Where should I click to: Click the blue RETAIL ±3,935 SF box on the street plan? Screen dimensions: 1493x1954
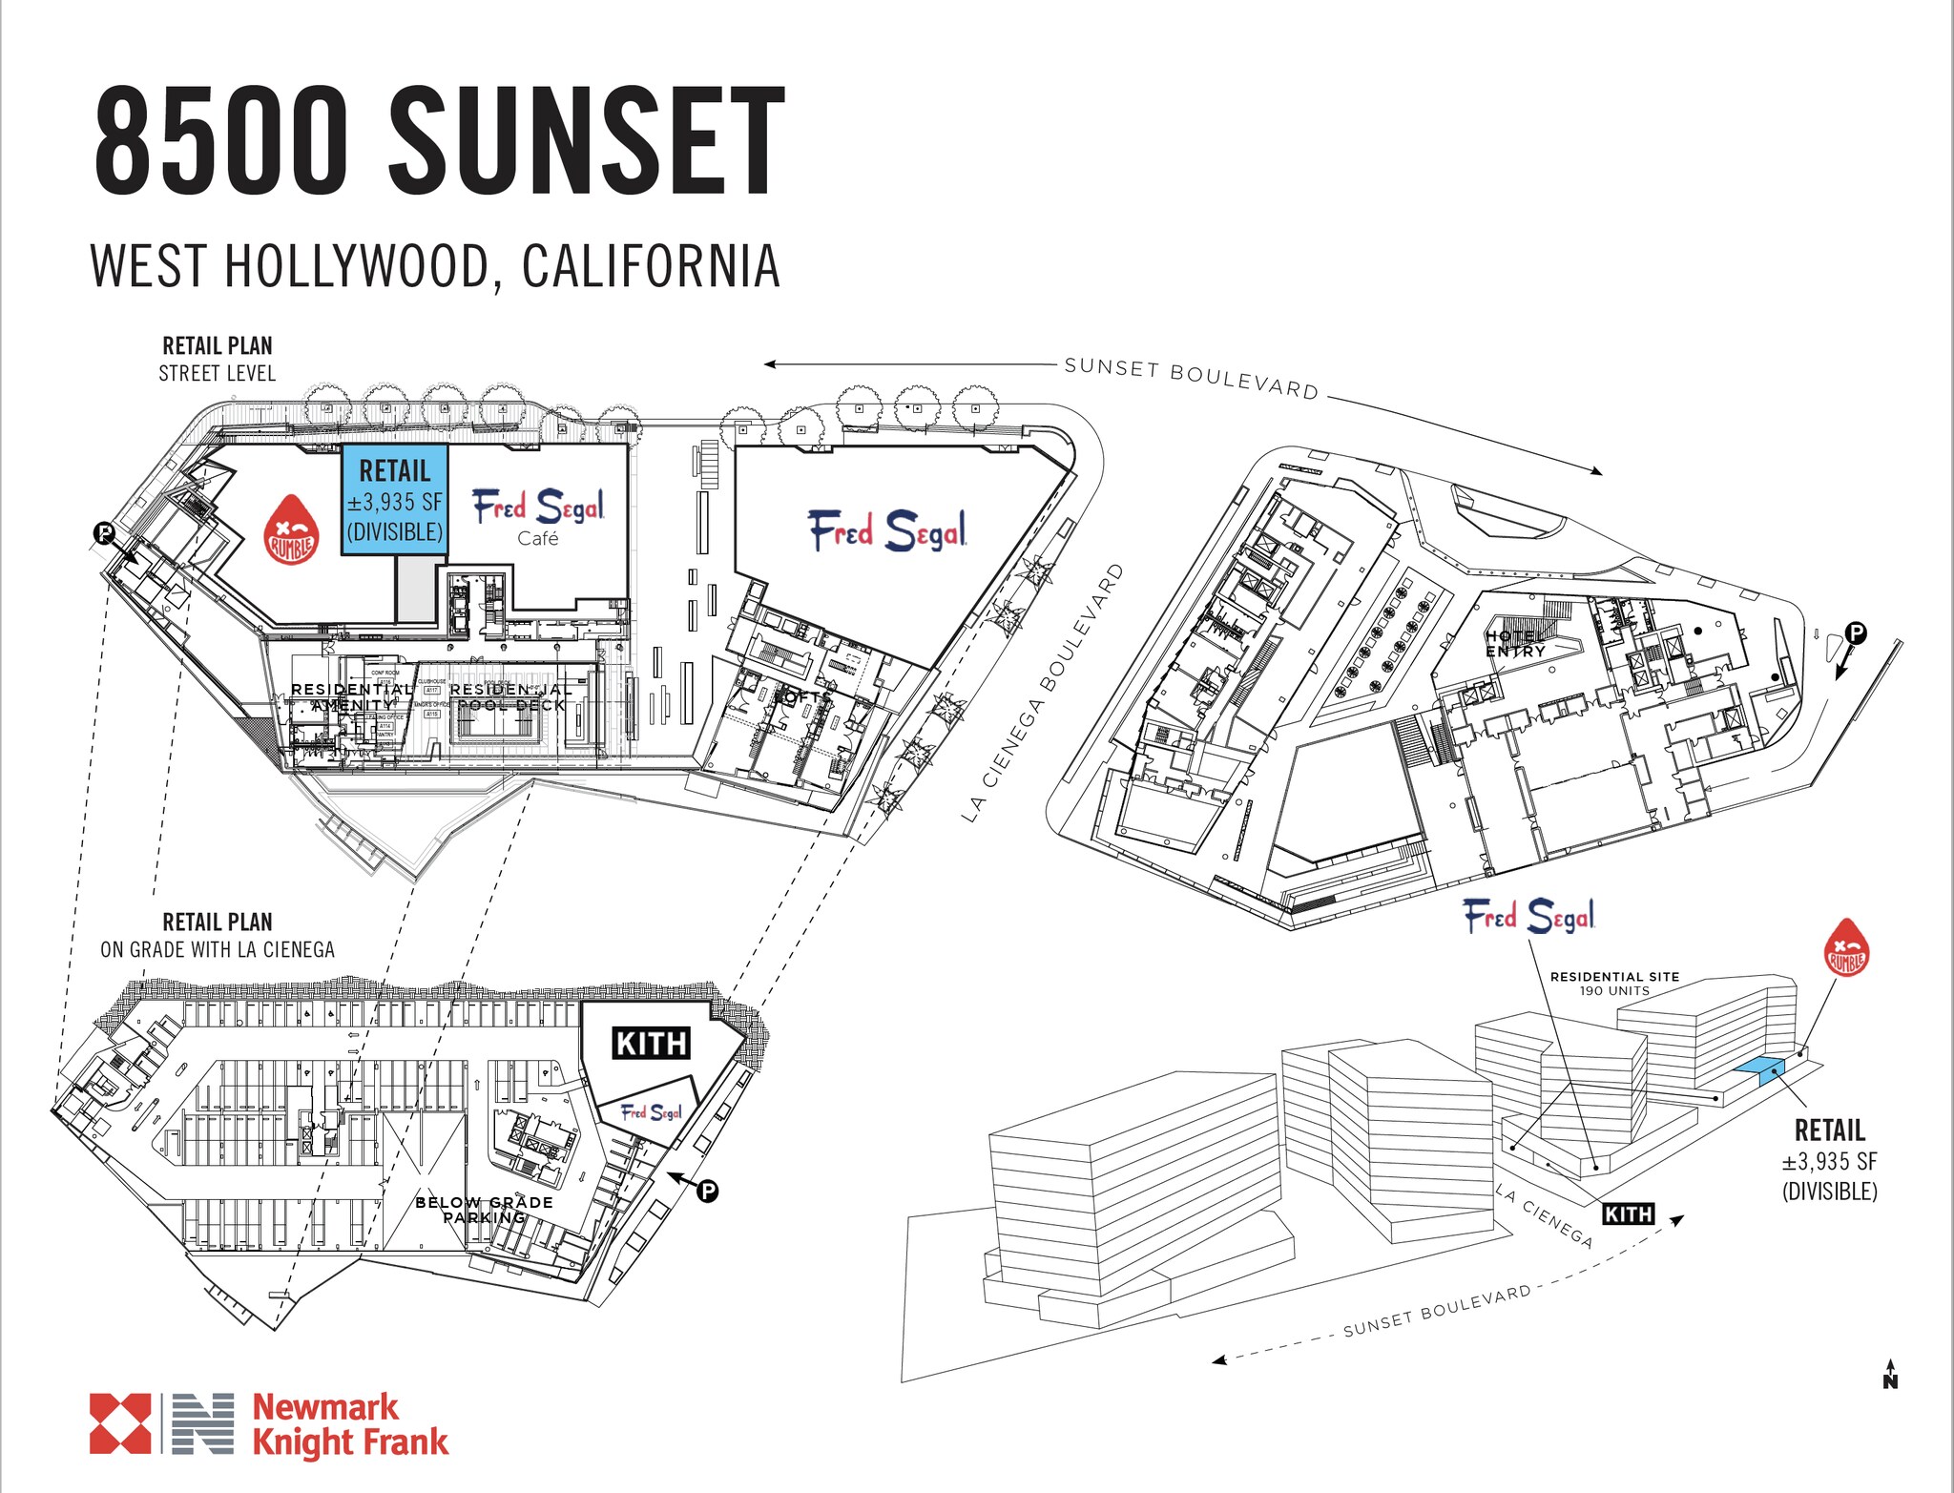coord(394,500)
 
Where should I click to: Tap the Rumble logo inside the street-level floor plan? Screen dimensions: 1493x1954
coord(290,530)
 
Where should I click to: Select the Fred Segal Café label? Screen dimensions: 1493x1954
coord(538,516)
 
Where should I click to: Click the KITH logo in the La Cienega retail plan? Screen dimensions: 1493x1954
coord(651,1043)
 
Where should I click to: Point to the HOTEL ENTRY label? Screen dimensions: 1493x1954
coord(1515,644)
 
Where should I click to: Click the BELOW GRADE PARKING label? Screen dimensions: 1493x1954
coord(484,1209)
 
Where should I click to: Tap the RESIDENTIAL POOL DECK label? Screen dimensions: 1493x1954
coord(510,696)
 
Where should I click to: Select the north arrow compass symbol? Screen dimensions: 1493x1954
coord(1889,1375)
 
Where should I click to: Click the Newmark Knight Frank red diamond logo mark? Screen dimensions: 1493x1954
coord(120,1423)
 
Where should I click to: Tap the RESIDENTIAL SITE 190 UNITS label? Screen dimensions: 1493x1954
coord(1614,983)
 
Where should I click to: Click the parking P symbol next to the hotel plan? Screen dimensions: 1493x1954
coord(1855,632)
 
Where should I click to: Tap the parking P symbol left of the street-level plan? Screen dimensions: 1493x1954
coord(104,533)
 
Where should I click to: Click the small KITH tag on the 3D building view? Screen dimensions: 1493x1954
coord(1628,1213)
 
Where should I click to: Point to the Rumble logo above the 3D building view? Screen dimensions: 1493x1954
coord(1845,948)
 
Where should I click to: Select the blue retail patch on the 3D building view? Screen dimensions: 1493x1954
coord(1758,1070)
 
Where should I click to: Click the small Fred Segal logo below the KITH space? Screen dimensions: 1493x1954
coord(652,1112)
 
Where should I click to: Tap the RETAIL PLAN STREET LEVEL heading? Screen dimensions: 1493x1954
coord(218,359)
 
